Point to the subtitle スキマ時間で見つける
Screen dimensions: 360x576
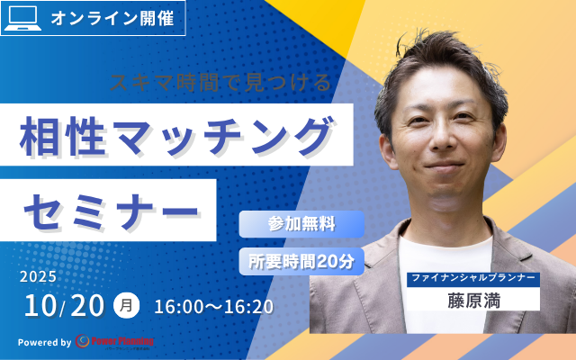tap(220, 83)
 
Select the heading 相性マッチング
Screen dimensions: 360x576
tap(176, 139)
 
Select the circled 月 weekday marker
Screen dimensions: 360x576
tap(127, 306)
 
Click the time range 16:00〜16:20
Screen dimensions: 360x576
tap(213, 307)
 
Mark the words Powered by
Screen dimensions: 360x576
tap(44, 342)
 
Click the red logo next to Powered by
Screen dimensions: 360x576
tap(115, 342)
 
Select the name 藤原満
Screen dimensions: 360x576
tap(472, 298)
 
